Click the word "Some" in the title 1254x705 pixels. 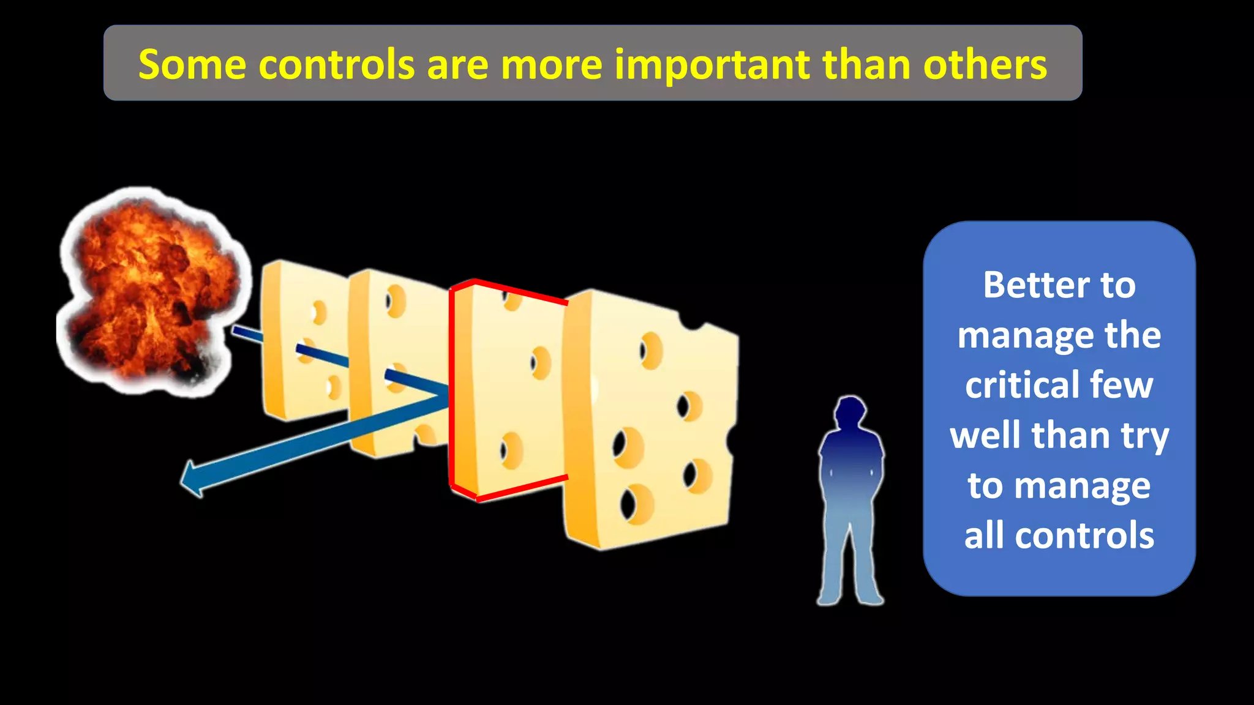192,64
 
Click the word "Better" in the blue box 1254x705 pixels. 1035,285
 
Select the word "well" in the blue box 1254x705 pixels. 986,435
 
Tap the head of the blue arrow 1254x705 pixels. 195,479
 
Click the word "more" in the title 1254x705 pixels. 551,64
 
